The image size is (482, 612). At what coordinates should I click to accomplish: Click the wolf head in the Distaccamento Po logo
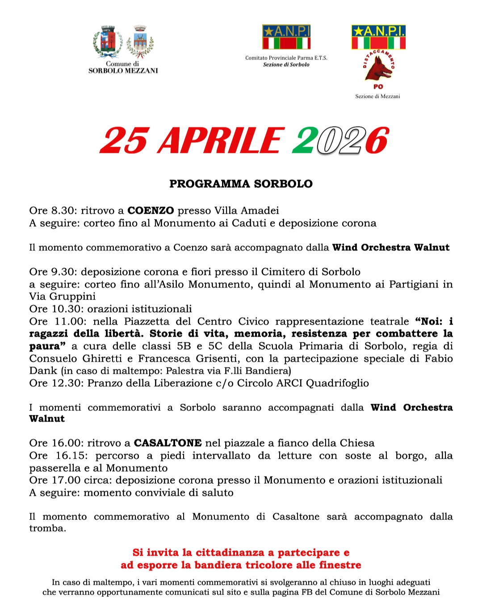(x=377, y=68)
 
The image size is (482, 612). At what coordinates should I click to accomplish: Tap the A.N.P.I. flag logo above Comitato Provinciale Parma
(x=286, y=37)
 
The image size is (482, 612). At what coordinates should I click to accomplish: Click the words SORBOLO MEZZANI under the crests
(x=123, y=71)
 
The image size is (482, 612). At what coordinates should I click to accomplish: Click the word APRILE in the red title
(x=221, y=141)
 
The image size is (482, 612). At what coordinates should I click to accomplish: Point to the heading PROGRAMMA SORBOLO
(x=241, y=184)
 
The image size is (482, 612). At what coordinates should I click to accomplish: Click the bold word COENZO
(x=151, y=211)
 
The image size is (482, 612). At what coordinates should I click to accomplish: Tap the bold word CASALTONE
(x=168, y=443)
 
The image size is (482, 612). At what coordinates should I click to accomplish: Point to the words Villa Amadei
(x=247, y=211)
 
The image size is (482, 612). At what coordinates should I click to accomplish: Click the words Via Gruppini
(x=62, y=296)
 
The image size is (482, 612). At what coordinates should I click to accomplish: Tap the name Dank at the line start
(x=43, y=371)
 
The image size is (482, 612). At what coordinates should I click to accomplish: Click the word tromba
(x=47, y=528)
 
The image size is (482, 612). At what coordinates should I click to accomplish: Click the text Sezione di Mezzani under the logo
(x=377, y=96)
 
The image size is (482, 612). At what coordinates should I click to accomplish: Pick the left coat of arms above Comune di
(x=108, y=42)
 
